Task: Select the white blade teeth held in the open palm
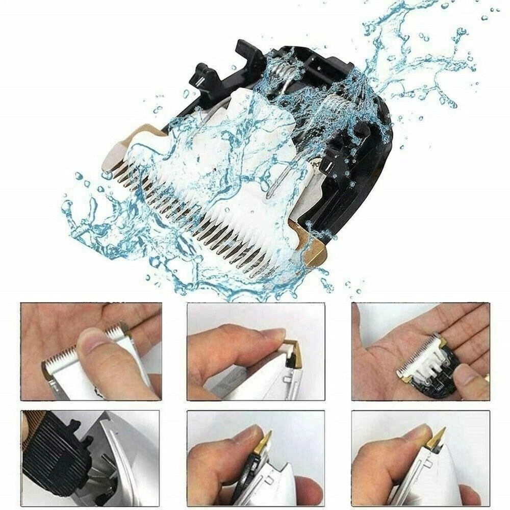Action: (421, 357)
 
